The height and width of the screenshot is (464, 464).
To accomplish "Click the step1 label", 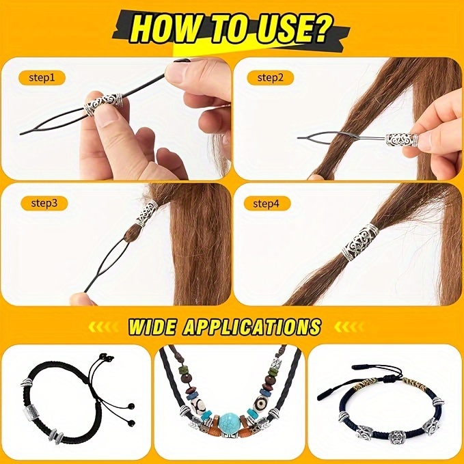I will [42, 77].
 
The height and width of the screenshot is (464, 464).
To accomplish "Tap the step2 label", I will [270, 77].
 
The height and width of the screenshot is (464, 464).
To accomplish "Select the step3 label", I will [42, 202].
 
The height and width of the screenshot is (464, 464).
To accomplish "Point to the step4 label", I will [271, 202].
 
